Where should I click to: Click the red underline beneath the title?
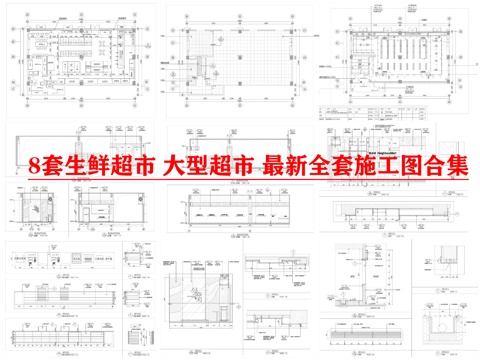250,181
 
